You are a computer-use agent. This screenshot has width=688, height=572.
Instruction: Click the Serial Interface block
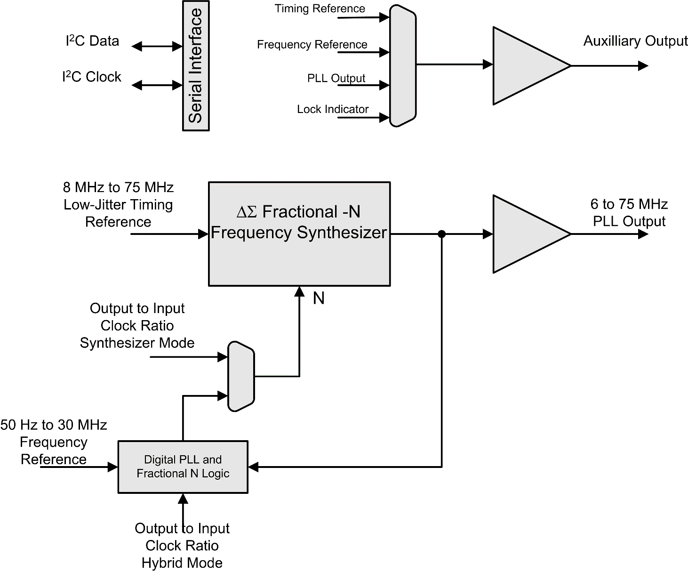[196, 66]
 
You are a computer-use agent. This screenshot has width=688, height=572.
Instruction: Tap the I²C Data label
[92, 41]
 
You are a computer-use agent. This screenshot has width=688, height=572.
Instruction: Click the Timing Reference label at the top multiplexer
[320, 8]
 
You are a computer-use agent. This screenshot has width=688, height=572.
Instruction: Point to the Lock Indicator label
[333, 109]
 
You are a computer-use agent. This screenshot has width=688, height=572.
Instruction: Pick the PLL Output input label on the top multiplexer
[336, 78]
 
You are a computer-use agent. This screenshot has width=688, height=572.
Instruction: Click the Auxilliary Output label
[635, 41]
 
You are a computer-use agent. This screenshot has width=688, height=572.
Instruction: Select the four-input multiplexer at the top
[403, 65]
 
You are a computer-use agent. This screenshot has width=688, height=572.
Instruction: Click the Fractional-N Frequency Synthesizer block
[299, 234]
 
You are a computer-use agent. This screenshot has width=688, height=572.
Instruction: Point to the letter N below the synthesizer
[319, 298]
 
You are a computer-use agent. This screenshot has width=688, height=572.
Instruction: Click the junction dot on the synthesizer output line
[441, 234]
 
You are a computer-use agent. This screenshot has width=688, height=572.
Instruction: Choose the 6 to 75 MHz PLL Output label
[629, 213]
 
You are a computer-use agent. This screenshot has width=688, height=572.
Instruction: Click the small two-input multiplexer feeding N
[241, 377]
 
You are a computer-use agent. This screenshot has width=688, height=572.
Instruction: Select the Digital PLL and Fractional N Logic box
[183, 467]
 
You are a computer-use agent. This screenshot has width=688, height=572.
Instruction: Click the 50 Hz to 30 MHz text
[54, 425]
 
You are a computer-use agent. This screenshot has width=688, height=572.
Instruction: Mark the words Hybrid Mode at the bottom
[182, 563]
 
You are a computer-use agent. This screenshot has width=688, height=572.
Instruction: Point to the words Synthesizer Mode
[137, 343]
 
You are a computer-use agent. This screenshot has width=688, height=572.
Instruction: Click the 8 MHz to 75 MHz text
[118, 187]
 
